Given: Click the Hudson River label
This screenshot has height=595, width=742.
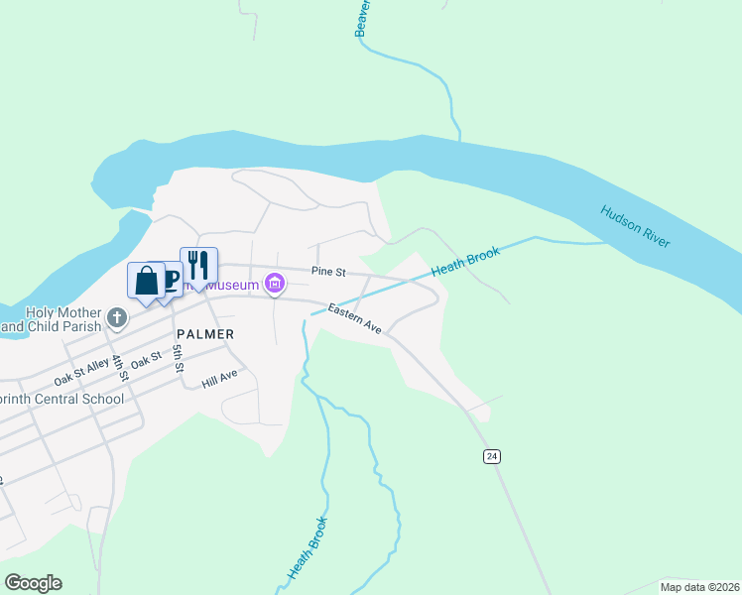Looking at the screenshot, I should click(635, 227).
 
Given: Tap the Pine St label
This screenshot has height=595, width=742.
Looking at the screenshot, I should click(327, 271).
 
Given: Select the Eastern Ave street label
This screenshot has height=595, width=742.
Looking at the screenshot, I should click(356, 319).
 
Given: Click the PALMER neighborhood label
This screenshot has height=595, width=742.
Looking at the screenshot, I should click(204, 334).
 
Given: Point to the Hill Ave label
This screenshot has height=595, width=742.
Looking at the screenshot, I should click(220, 377).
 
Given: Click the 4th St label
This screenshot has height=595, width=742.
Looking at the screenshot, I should click(120, 367).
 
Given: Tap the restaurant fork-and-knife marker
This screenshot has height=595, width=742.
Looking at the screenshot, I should click(198, 265).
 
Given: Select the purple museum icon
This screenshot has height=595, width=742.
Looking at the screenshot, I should click(276, 285).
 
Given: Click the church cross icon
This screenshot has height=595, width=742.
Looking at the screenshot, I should click(117, 318).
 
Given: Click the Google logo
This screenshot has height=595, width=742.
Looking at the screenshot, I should click(33, 582).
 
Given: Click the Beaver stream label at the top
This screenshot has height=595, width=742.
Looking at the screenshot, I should click(362, 19).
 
